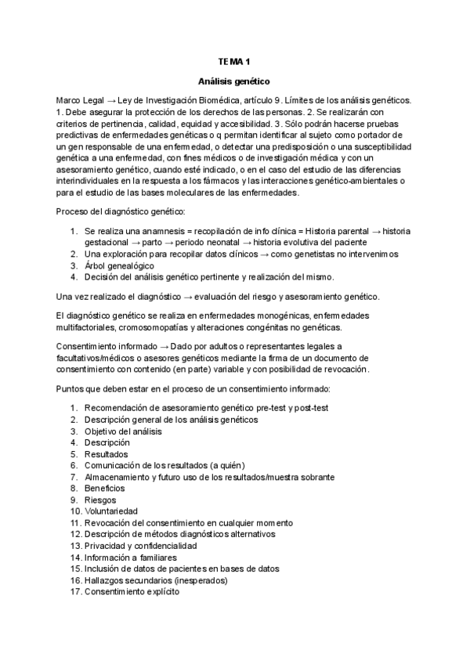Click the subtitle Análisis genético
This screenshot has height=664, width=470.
pos(235,80)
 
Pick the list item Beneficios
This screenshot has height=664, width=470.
pos(104,488)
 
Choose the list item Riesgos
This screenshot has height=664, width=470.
pos(100,500)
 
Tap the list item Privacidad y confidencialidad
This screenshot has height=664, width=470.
pos(140,545)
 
